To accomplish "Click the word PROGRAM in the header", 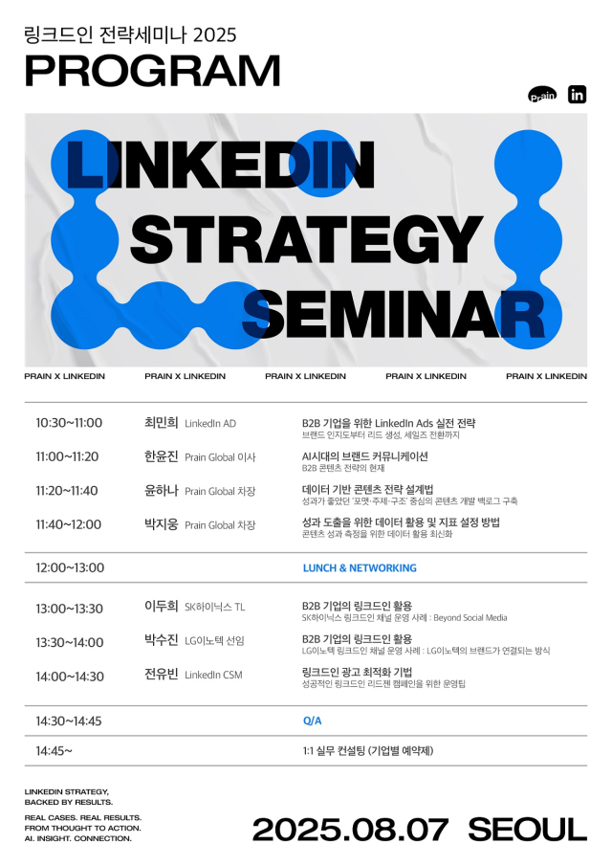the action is pos(152,71).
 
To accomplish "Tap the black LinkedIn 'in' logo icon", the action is pos(577,95).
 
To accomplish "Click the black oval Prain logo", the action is pos(542,95).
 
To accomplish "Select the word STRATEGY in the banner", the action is pos(306,238).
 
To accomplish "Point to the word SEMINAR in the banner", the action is pos(393,315).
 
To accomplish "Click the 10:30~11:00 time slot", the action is pos(69,423).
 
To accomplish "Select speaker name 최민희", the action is pos(162,423).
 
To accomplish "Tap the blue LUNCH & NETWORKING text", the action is pos(360,567).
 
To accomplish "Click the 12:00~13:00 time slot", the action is pos(70,567).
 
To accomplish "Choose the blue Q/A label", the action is pos(313,721).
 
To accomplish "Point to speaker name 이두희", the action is pos(162,607).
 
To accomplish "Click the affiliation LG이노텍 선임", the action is pos(214,641).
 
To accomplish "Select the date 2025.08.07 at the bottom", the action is pos(350,830).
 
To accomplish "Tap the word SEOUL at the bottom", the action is pos(528,830).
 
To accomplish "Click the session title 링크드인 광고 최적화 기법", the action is pos(357,672).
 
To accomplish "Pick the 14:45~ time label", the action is pos(55,750).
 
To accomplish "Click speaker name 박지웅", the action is pos(162,524).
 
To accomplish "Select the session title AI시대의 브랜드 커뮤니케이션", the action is pos(364,456).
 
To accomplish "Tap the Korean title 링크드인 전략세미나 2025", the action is pos(131,34).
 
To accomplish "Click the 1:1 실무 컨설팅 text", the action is pos(368,750).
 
